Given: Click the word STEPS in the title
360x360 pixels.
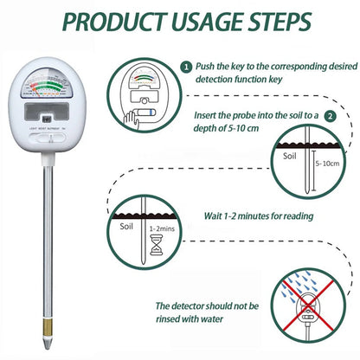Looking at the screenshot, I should coord(278,20).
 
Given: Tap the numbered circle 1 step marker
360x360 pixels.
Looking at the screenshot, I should coord(185,66).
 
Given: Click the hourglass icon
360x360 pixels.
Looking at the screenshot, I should coord(156,248).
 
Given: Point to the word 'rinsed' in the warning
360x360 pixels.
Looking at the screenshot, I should coord(176,319).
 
